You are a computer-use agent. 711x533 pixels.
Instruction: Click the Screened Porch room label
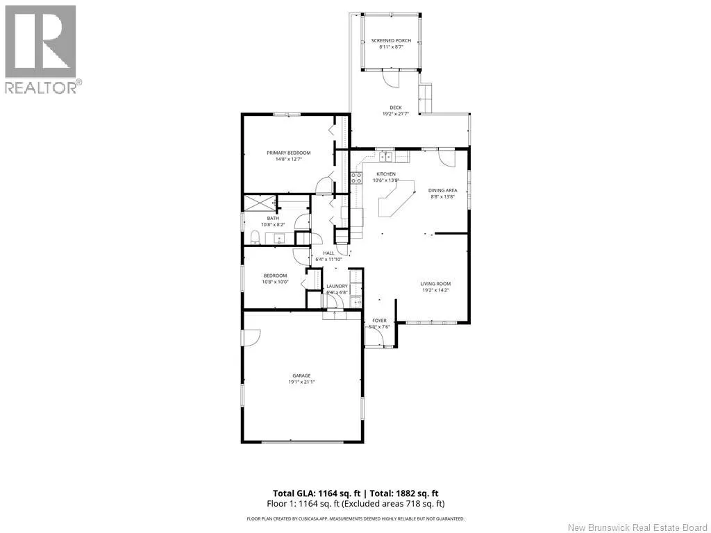(x=391, y=40)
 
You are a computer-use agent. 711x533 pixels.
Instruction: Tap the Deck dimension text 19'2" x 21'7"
(x=395, y=114)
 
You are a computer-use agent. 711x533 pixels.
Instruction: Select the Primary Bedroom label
(x=289, y=153)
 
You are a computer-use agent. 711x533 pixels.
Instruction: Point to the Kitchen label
(x=386, y=174)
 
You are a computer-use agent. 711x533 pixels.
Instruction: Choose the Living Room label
(x=435, y=283)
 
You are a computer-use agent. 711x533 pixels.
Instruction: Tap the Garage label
(x=301, y=375)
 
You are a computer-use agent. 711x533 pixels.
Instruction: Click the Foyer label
(x=379, y=321)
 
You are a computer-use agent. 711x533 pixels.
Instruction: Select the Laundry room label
(x=337, y=286)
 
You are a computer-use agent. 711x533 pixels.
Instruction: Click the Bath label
(x=273, y=218)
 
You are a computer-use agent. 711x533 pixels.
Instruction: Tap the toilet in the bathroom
(x=255, y=238)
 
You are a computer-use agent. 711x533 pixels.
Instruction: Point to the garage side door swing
(x=251, y=336)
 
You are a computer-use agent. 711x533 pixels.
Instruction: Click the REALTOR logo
(x=42, y=49)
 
